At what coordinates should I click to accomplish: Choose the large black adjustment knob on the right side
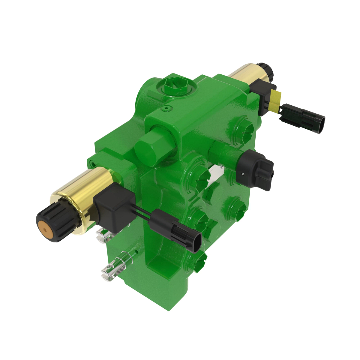tap(255, 169)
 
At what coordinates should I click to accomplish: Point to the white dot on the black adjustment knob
tap(243, 174)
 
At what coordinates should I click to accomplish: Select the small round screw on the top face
tap(167, 107)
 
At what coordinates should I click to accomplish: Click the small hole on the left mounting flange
tap(94, 164)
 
